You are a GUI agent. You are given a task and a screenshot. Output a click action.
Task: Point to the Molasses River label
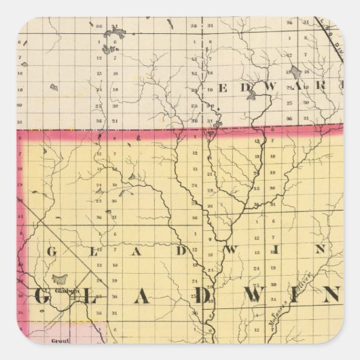pos(286,309)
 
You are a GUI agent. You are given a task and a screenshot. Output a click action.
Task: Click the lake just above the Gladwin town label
pos(60,279)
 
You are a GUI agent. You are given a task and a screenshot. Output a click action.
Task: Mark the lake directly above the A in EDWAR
pos(295,72)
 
